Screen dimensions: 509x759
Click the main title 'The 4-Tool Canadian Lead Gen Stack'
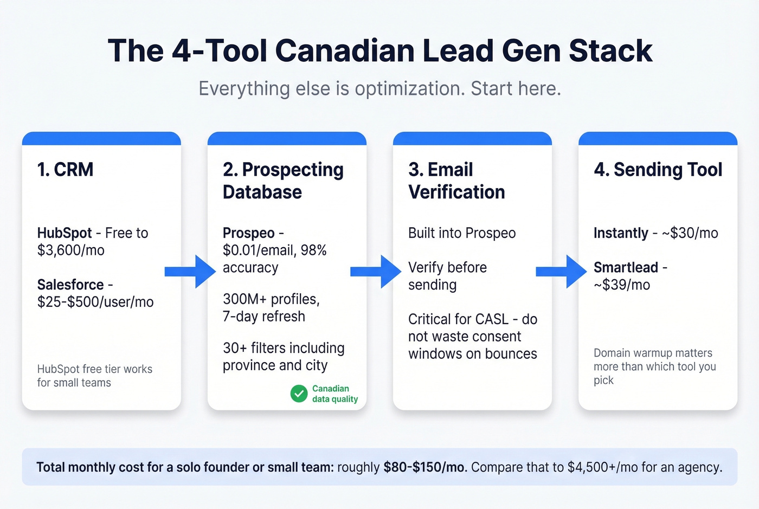[379, 51]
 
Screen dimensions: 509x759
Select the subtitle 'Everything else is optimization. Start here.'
[379, 88]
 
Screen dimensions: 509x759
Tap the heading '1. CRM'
[65, 170]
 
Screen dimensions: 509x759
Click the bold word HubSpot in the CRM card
[64, 233]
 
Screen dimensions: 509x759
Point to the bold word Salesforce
[70, 285]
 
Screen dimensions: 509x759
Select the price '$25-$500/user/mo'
[95, 302]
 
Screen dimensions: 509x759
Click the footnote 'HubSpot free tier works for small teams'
[94, 376]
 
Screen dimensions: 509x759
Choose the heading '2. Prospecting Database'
[282, 181]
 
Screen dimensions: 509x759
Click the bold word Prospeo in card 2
[248, 233]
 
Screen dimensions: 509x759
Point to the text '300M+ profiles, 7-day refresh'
[271, 307]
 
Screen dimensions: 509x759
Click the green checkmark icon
[299, 394]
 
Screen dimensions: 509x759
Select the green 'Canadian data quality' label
[335, 394]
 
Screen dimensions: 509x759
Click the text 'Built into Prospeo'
[462, 233]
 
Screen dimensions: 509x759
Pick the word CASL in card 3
[491, 319]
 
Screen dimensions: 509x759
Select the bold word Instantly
[621, 233]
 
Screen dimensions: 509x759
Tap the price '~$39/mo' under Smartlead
[622, 285]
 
